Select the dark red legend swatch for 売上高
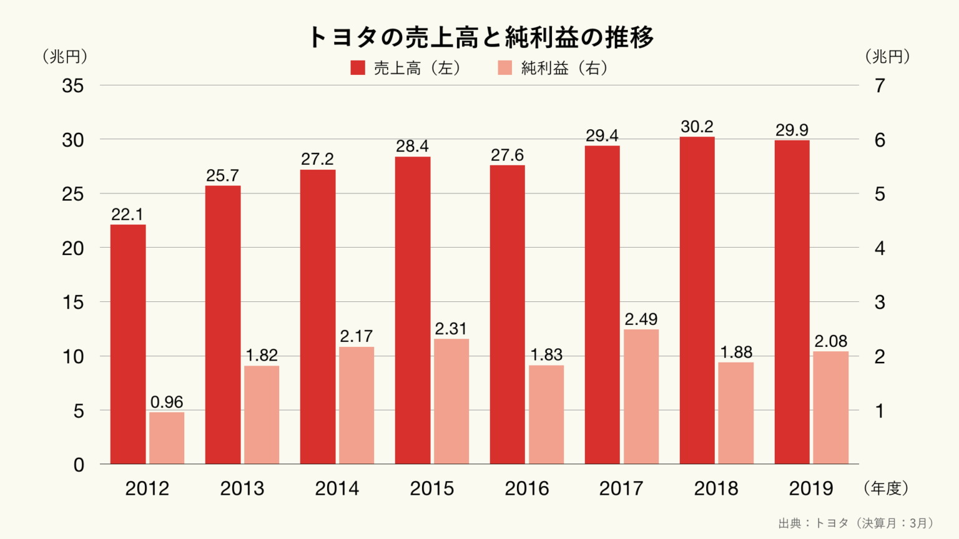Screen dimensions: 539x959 (x=358, y=68)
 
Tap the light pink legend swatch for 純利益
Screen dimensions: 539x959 (x=505, y=68)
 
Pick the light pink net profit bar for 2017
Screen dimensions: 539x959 (x=641, y=397)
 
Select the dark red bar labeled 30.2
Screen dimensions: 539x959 (x=697, y=300)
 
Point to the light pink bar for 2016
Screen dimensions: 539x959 (x=546, y=414)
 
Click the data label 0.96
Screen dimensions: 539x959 (x=167, y=402)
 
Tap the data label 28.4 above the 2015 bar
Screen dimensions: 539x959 (x=413, y=147)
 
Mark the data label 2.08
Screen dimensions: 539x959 (x=830, y=342)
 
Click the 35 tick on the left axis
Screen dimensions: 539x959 (x=73, y=86)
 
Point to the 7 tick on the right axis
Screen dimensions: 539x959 (x=880, y=86)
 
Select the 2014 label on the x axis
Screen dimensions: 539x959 (x=337, y=488)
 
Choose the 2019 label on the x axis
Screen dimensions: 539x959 (x=811, y=488)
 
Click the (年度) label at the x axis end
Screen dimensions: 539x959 (x=886, y=488)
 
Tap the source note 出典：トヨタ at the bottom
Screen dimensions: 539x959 (x=855, y=523)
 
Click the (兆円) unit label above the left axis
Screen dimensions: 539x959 (x=65, y=57)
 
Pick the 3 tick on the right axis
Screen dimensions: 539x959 (x=880, y=303)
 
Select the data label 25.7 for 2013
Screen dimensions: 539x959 (x=223, y=176)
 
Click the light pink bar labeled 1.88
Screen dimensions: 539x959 (x=736, y=413)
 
